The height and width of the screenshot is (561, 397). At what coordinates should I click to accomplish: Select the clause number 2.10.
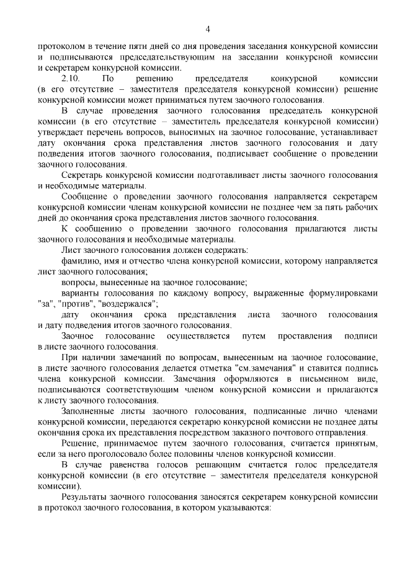click(x=71, y=79)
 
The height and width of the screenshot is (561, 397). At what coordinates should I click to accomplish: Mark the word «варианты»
click(x=80, y=293)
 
